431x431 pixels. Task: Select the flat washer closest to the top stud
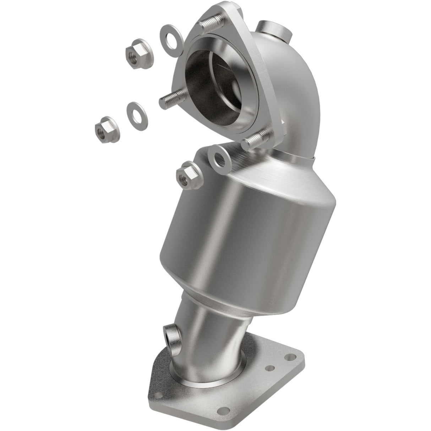(171, 37)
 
